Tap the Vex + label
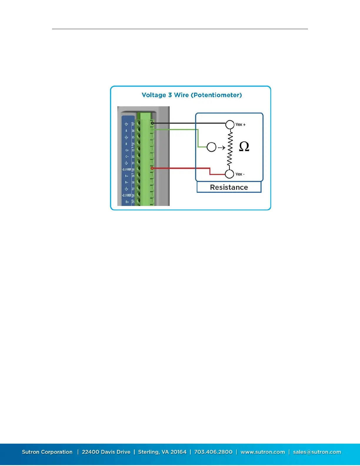(240, 124)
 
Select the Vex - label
(240, 174)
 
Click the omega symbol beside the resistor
(244, 146)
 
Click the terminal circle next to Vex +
(230, 124)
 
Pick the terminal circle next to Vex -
(229, 174)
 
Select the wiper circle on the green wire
(211, 147)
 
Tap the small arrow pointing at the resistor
(221, 148)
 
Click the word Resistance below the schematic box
(229, 187)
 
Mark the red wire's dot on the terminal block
(152, 168)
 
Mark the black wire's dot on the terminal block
(152, 123)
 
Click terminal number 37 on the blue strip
(133, 124)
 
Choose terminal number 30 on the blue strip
(133, 170)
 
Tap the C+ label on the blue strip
(127, 150)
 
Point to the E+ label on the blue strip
(127, 202)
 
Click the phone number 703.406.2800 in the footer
(213, 452)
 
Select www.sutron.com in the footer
(263, 452)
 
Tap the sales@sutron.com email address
(317, 452)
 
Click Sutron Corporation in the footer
(47, 452)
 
